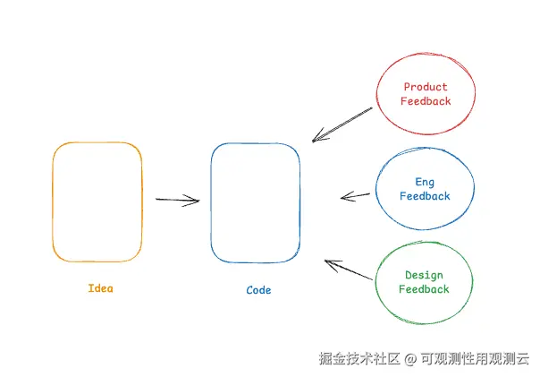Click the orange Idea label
[x=101, y=288]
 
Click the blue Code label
[x=258, y=290]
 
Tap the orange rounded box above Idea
[x=97, y=201]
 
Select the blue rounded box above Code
[x=256, y=202]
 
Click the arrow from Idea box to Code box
[x=177, y=200]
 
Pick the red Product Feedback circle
[x=426, y=94]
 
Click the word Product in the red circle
[x=426, y=87]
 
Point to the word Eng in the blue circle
[x=425, y=183]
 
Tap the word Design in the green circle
[x=424, y=276]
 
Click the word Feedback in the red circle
[x=426, y=101]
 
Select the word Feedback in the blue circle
[x=425, y=196]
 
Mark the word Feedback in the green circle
[x=424, y=289]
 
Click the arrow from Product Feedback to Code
[x=342, y=124]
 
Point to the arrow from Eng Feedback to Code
[x=356, y=196]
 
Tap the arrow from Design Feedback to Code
[x=349, y=270]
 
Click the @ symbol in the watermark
[x=410, y=359]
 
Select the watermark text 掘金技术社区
[x=360, y=359]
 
